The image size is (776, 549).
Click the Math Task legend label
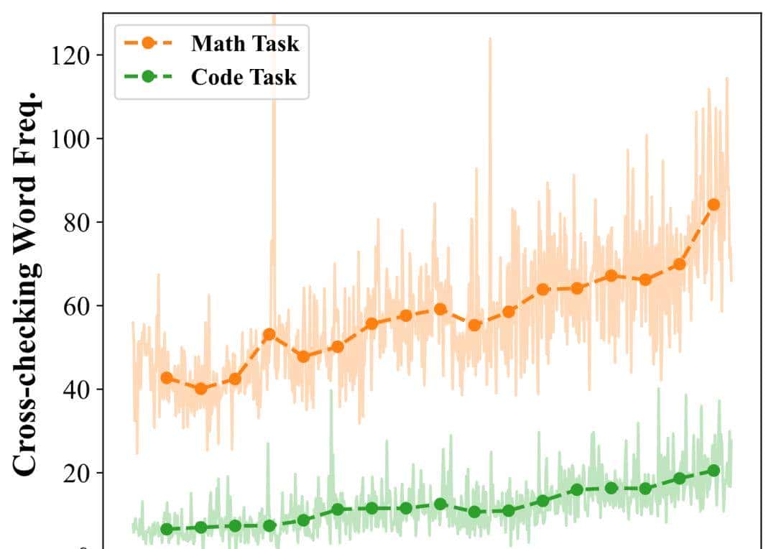[244, 43]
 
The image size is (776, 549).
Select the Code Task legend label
[243, 77]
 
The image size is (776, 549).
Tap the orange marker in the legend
[148, 43]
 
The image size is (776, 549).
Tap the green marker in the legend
[148, 77]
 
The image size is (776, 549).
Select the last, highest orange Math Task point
[713, 204]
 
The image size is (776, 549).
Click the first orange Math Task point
[167, 378]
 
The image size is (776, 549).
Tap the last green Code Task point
[713, 471]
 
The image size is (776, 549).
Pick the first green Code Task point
[167, 530]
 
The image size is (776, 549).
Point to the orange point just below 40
[201, 389]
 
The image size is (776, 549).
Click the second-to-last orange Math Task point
[679, 264]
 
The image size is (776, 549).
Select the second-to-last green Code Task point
[679, 479]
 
